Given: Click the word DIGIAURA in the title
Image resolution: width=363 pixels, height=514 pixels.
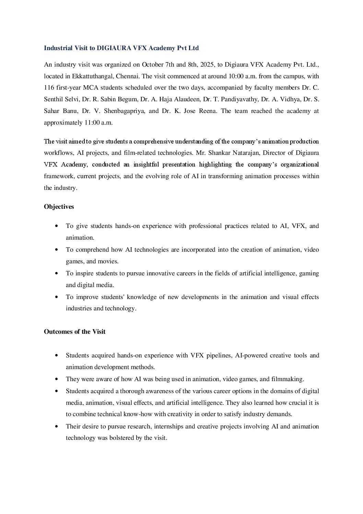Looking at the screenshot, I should click(x=114, y=48).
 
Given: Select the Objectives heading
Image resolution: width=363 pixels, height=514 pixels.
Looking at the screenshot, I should click(x=59, y=207).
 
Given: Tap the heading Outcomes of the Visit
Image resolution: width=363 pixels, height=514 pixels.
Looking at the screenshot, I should click(x=74, y=332).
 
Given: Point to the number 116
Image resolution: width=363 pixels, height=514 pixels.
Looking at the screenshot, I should click(x=49, y=88).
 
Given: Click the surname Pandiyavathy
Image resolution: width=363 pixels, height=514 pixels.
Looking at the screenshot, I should click(x=240, y=99).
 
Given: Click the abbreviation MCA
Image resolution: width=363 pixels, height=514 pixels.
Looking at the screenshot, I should click(x=91, y=88).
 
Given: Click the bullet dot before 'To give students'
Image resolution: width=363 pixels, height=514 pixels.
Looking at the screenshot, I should click(x=56, y=226).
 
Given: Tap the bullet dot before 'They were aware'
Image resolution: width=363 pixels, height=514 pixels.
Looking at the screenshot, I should click(x=56, y=379).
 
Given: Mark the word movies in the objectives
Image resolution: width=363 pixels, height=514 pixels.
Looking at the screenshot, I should click(x=108, y=261).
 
